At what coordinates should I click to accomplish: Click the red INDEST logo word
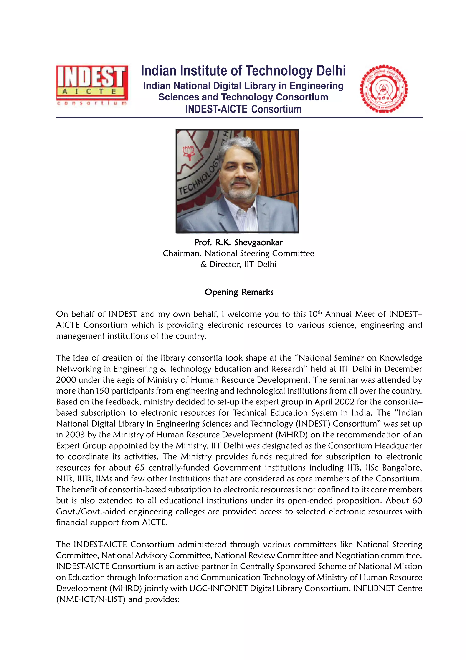91,77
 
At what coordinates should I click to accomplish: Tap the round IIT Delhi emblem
384,89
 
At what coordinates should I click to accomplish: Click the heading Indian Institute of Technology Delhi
243,71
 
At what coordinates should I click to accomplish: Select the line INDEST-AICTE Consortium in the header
243,109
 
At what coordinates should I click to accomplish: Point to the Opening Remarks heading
239,292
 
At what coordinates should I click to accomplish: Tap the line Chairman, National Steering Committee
238,253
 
